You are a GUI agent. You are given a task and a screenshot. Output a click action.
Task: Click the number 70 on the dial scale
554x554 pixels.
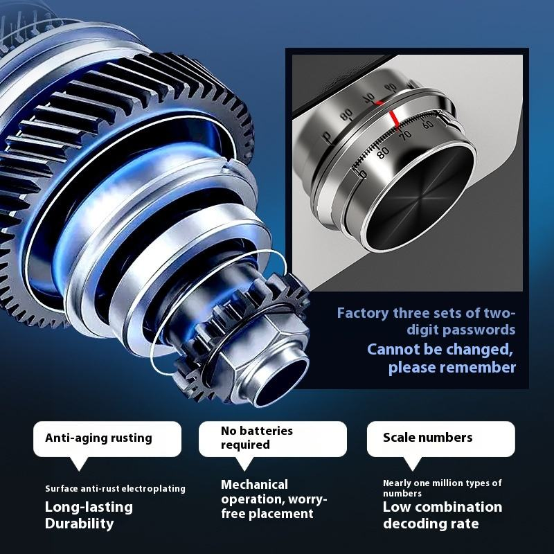406,135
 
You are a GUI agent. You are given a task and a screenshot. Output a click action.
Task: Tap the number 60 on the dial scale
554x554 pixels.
427,125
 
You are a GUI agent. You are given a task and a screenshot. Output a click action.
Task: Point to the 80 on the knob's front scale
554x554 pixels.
383,152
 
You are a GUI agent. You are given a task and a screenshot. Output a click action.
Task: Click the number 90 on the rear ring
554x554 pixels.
391,87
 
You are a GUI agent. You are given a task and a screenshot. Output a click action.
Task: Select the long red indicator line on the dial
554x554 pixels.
395,119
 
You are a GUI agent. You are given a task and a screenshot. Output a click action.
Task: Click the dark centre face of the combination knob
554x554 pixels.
420,198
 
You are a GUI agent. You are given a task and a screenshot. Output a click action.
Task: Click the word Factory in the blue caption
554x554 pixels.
362,313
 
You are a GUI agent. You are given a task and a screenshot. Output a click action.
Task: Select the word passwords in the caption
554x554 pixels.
479,330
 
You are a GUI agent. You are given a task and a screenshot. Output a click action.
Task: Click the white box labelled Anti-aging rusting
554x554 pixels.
107,439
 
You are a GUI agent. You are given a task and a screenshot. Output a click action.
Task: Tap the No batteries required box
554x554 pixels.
273,439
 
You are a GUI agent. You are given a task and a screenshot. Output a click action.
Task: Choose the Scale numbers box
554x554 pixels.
441,439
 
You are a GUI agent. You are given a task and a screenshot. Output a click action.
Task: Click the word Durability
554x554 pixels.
79,524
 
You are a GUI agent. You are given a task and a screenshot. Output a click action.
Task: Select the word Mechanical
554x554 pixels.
254,484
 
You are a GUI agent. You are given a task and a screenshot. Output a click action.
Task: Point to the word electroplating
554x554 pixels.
153,489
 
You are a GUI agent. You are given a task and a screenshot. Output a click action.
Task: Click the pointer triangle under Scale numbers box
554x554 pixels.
412,463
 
